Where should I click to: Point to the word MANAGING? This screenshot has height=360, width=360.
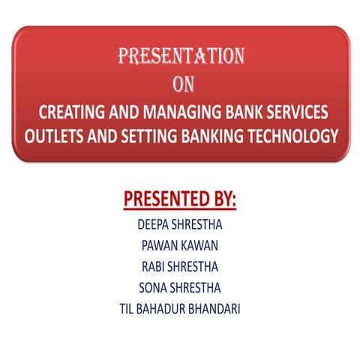point(170,115)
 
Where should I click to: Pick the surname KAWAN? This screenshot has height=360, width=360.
point(200,245)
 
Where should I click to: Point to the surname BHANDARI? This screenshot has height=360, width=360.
point(217,308)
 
